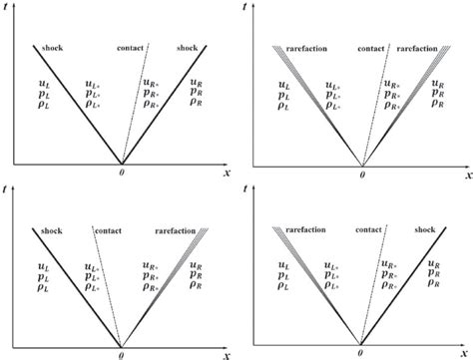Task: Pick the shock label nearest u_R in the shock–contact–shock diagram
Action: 188,46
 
